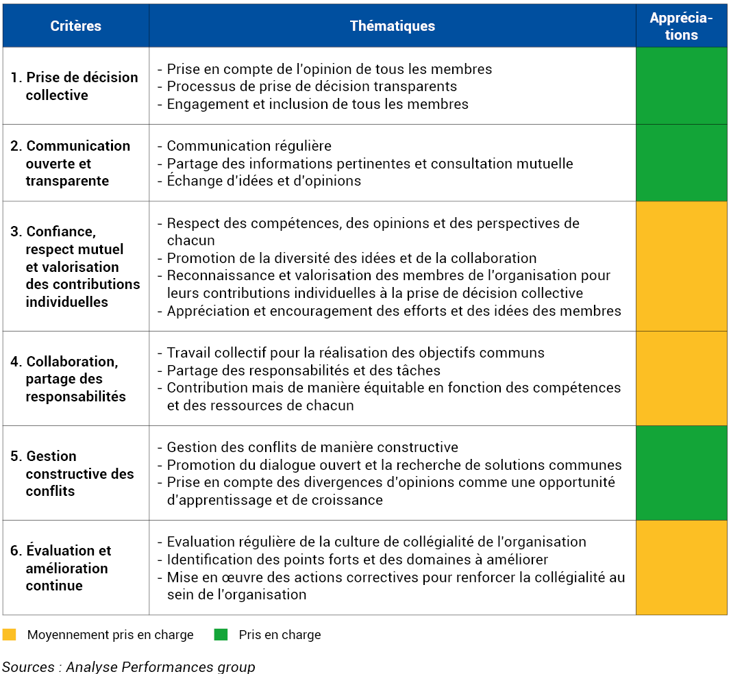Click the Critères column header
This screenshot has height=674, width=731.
[x=75, y=26]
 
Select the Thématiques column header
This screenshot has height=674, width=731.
[x=393, y=26]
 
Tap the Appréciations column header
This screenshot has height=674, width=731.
[x=681, y=26]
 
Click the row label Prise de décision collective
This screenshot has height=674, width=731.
[x=75, y=86]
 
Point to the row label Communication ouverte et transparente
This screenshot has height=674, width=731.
[x=71, y=163]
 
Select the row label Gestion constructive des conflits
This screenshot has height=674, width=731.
[x=72, y=473]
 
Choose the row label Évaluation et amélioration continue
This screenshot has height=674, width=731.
[x=60, y=568]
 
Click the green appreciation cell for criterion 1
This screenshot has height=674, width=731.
[x=682, y=86]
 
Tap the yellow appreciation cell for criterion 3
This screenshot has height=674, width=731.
[x=682, y=266]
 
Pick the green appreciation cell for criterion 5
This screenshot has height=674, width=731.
[x=682, y=473]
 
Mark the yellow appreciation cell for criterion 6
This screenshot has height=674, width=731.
[x=682, y=567]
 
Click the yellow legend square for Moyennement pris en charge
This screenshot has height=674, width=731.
[x=10, y=634]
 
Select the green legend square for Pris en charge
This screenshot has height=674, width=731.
[x=221, y=634]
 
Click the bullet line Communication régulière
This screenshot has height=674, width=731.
[x=245, y=146]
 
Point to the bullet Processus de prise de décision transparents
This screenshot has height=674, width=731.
[x=307, y=86]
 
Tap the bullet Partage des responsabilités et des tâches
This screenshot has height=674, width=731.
[x=299, y=371]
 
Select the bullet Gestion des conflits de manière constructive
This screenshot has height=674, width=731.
[x=308, y=447]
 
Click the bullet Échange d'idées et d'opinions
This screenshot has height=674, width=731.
[x=259, y=181]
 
